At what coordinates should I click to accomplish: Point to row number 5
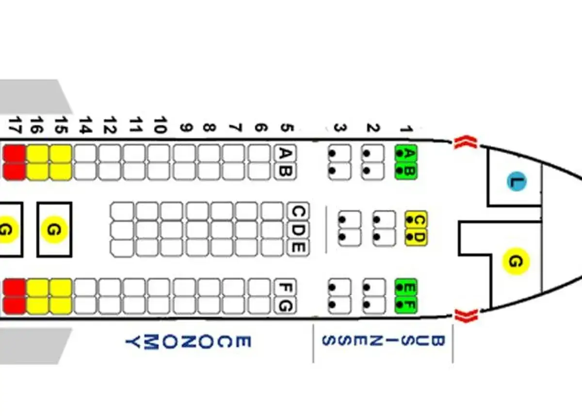286,128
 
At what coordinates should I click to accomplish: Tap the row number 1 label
405,128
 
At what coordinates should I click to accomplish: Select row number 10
160,125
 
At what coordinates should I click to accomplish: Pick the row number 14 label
85,125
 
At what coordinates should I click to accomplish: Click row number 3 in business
339,128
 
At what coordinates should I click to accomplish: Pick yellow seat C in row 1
416,220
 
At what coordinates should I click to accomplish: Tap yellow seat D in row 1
416,237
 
